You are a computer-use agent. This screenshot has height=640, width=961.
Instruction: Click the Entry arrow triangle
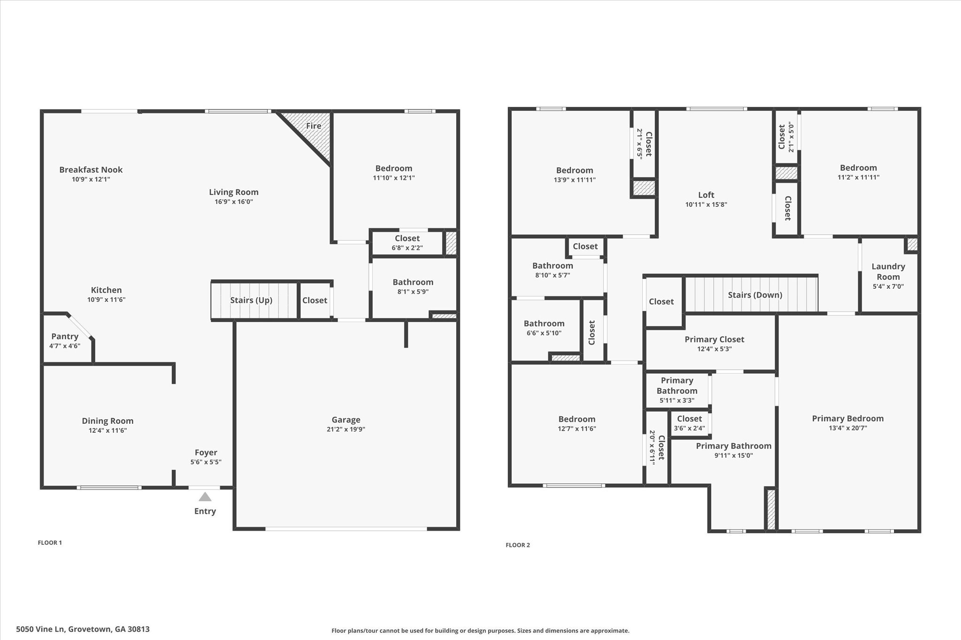205,497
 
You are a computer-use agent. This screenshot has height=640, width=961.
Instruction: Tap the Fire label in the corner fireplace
313,126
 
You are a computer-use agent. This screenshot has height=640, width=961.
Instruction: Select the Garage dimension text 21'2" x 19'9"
346,429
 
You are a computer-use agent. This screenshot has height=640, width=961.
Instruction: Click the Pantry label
65,336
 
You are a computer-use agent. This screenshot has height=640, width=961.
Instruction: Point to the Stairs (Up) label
251,300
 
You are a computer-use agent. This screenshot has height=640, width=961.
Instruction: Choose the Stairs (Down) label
755,295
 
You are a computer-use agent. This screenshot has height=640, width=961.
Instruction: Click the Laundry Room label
888,271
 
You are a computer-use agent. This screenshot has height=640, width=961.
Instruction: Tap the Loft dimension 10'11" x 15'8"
706,204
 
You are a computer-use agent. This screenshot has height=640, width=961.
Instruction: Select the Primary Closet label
714,339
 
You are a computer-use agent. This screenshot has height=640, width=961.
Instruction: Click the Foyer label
206,452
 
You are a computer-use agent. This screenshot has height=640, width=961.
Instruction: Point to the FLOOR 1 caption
50,542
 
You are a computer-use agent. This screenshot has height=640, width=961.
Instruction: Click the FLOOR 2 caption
518,545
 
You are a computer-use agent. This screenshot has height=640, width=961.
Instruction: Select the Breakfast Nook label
91,170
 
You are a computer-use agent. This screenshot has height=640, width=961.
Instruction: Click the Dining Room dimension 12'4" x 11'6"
107,430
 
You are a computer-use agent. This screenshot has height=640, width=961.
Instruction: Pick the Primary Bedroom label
848,419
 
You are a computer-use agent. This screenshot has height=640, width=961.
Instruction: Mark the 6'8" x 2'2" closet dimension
407,248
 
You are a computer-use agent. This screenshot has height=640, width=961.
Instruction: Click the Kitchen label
107,290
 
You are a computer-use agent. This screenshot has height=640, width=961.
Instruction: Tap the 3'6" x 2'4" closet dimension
689,428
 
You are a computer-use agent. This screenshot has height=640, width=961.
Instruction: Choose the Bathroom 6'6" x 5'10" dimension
544,333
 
